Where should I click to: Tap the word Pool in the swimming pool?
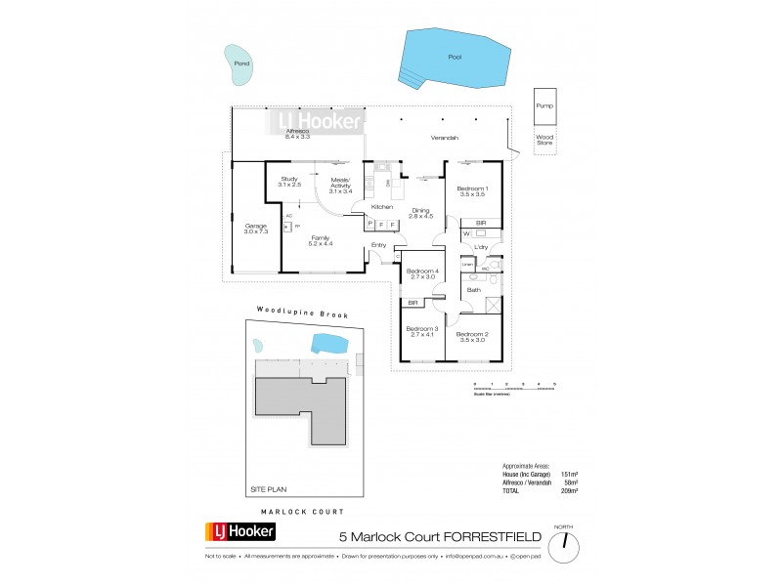point(454,57)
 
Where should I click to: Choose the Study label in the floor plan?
point(289,179)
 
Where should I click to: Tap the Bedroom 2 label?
point(472,335)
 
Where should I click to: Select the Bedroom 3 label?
point(421,330)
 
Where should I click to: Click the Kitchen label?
point(381,207)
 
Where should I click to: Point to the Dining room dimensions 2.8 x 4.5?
point(420,217)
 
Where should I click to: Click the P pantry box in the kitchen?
point(371,224)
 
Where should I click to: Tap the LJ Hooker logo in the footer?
point(240,532)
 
